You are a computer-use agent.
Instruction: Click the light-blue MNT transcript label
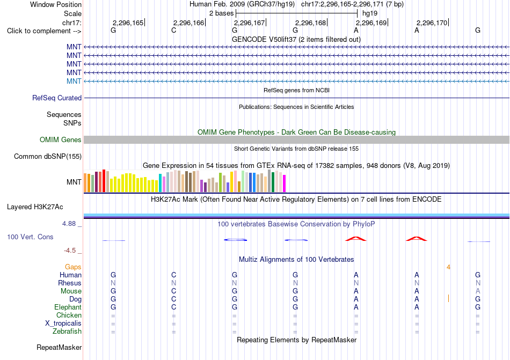(74, 81)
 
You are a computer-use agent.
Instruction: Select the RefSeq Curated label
(57, 98)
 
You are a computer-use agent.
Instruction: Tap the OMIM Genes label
(61, 139)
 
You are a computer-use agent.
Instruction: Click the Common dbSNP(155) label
(48, 156)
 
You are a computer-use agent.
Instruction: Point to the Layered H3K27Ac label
(35, 207)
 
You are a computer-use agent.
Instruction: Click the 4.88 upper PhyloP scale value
(69, 224)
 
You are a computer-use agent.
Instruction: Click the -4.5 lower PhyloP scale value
(70, 250)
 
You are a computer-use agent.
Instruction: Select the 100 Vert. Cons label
(30, 237)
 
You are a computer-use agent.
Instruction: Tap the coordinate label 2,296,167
(249, 23)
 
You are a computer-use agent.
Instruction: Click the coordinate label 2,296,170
(432, 23)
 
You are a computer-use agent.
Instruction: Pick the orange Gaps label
(73, 267)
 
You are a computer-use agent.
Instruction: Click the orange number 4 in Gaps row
(448, 267)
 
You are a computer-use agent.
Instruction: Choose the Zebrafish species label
(67, 332)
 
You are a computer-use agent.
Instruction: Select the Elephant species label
(68, 307)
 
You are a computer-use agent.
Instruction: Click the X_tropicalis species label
(63, 324)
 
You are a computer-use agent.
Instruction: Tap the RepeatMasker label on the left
(59, 347)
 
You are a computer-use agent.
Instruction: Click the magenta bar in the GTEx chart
(285, 183)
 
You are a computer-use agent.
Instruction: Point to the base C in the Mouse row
(174, 291)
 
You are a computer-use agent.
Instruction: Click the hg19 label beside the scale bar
(370, 13)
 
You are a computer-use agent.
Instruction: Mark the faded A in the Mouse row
(478, 291)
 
